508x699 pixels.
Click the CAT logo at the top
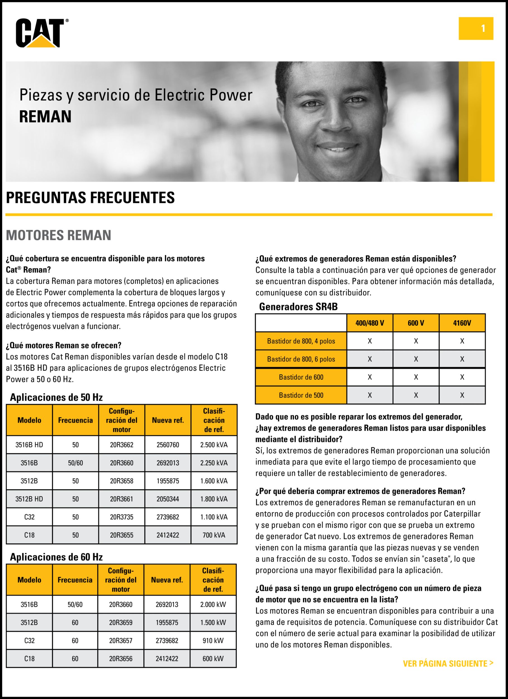[41, 33]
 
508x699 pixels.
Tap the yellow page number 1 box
[476, 28]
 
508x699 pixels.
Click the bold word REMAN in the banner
[45, 117]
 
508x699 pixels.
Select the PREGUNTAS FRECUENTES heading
[90, 198]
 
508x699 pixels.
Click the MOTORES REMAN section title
[58, 235]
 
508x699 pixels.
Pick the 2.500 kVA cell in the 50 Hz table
[214, 445]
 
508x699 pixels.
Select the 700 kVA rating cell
[214, 535]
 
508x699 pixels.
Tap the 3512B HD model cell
[29, 499]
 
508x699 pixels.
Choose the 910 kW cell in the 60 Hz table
[213, 641]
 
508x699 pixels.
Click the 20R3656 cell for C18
[120, 659]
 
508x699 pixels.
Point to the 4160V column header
[462, 323]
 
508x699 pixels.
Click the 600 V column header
[416, 323]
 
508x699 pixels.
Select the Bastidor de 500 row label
[301, 395]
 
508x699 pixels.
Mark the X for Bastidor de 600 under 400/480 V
[370, 377]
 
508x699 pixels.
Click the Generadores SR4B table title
[298, 307]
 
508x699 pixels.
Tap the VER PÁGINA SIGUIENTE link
[448, 663]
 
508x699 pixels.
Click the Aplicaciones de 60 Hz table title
[56, 557]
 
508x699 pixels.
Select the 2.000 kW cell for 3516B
[213, 604]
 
